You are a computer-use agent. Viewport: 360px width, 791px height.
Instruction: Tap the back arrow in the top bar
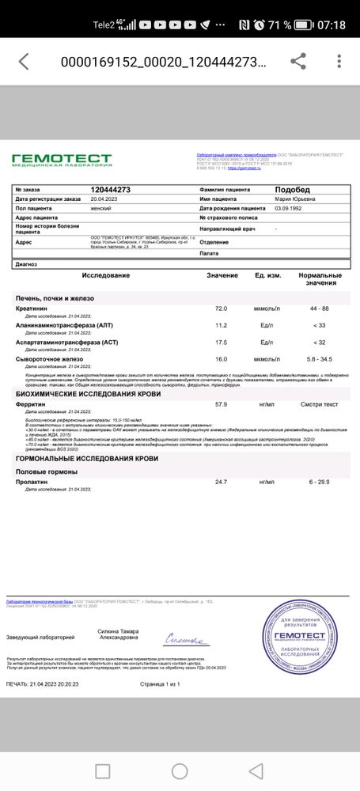pyautogui.click(x=24, y=62)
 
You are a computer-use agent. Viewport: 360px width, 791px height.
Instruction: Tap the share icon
pyautogui.click(x=298, y=62)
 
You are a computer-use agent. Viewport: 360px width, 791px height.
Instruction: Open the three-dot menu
pyautogui.click(x=339, y=62)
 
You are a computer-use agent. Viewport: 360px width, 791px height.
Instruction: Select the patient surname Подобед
pyautogui.click(x=293, y=190)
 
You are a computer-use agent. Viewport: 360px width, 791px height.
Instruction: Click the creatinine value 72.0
pyautogui.click(x=222, y=308)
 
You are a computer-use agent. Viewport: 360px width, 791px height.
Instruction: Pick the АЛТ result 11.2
pyautogui.click(x=222, y=325)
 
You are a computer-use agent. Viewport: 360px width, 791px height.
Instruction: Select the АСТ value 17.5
pyautogui.click(x=222, y=343)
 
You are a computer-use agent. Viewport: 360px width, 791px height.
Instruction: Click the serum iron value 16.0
pyautogui.click(x=222, y=360)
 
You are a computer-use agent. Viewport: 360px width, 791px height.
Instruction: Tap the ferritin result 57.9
pyautogui.click(x=222, y=404)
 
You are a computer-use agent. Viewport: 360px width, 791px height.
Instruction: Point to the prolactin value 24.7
pyautogui.click(x=222, y=482)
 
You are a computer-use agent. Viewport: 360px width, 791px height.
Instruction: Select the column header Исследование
pyautogui.click(x=105, y=275)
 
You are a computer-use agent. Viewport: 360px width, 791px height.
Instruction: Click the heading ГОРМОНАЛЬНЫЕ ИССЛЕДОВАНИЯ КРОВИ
pyautogui.click(x=87, y=458)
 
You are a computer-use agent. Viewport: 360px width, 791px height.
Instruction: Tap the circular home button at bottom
pyautogui.click(x=180, y=771)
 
